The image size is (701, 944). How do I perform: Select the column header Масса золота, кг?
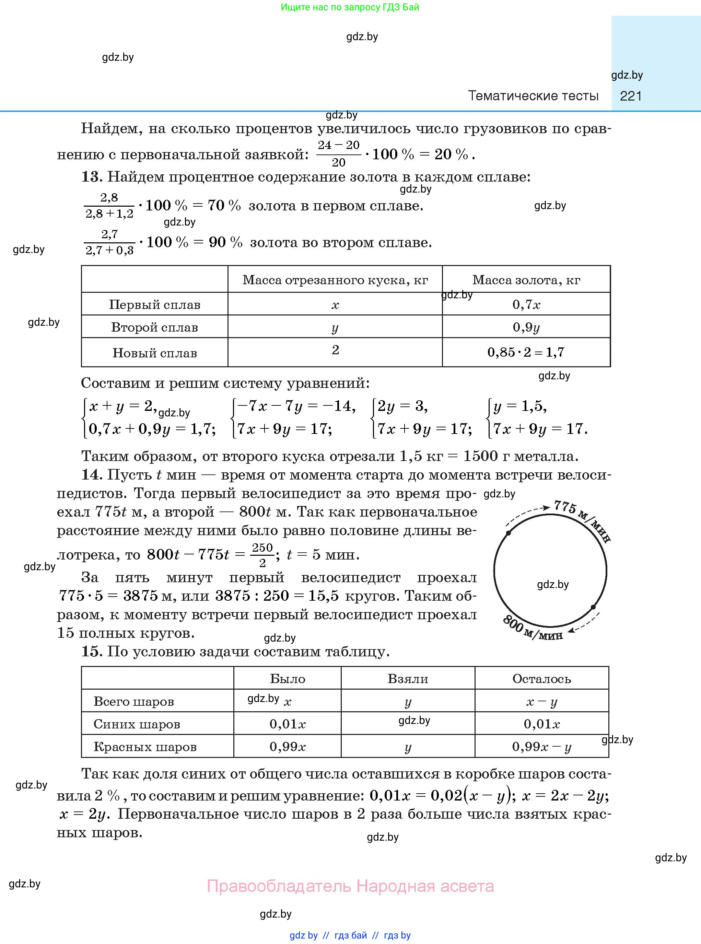click(x=526, y=280)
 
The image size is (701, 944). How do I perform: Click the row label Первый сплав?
click(x=154, y=304)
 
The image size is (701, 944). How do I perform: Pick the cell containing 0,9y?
click(x=526, y=327)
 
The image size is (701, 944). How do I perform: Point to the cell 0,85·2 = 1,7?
click(x=526, y=352)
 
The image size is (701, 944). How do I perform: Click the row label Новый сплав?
click(x=154, y=353)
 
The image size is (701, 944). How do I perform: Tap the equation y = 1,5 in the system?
click(x=520, y=407)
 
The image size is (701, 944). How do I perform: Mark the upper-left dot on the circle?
click(x=509, y=533)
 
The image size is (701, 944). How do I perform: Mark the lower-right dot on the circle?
click(x=593, y=607)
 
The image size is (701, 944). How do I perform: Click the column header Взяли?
click(x=408, y=679)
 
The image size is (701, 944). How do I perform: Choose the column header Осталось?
click(x=541, y=679)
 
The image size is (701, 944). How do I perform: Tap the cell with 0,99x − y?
click(x=541, y=747)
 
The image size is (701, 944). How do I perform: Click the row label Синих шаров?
click(x=137, y=724)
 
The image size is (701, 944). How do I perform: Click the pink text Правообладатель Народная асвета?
click(x=351, y=886)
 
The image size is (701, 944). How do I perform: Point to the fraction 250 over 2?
click(x=262, y=555)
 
